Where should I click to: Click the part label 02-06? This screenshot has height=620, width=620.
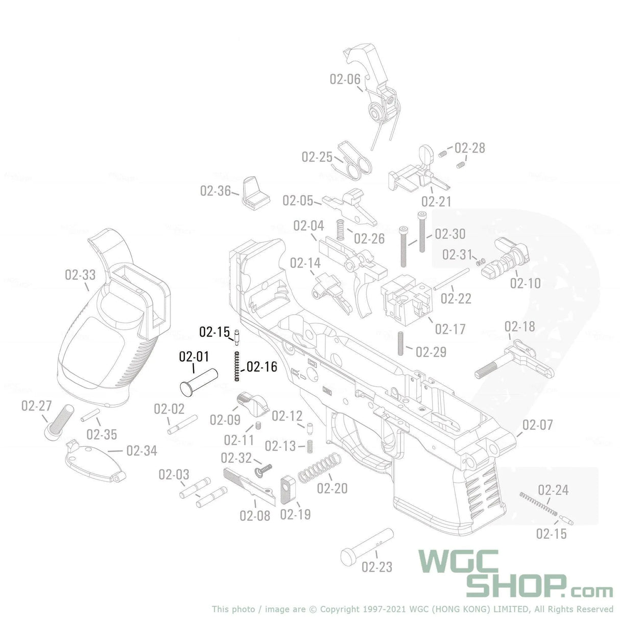[345, 79]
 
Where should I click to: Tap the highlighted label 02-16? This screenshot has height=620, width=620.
[262, 367]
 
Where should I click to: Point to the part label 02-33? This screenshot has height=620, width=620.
[80, 275]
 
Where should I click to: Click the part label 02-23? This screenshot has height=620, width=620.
[377, 567]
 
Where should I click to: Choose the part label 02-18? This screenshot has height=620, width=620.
[520, 326]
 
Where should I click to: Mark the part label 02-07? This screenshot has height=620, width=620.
[538, 424]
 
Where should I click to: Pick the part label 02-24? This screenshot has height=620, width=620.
[553, 490]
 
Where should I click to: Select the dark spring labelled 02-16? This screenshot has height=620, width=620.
[237, 366]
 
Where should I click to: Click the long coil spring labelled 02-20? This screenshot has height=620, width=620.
[319, 467]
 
